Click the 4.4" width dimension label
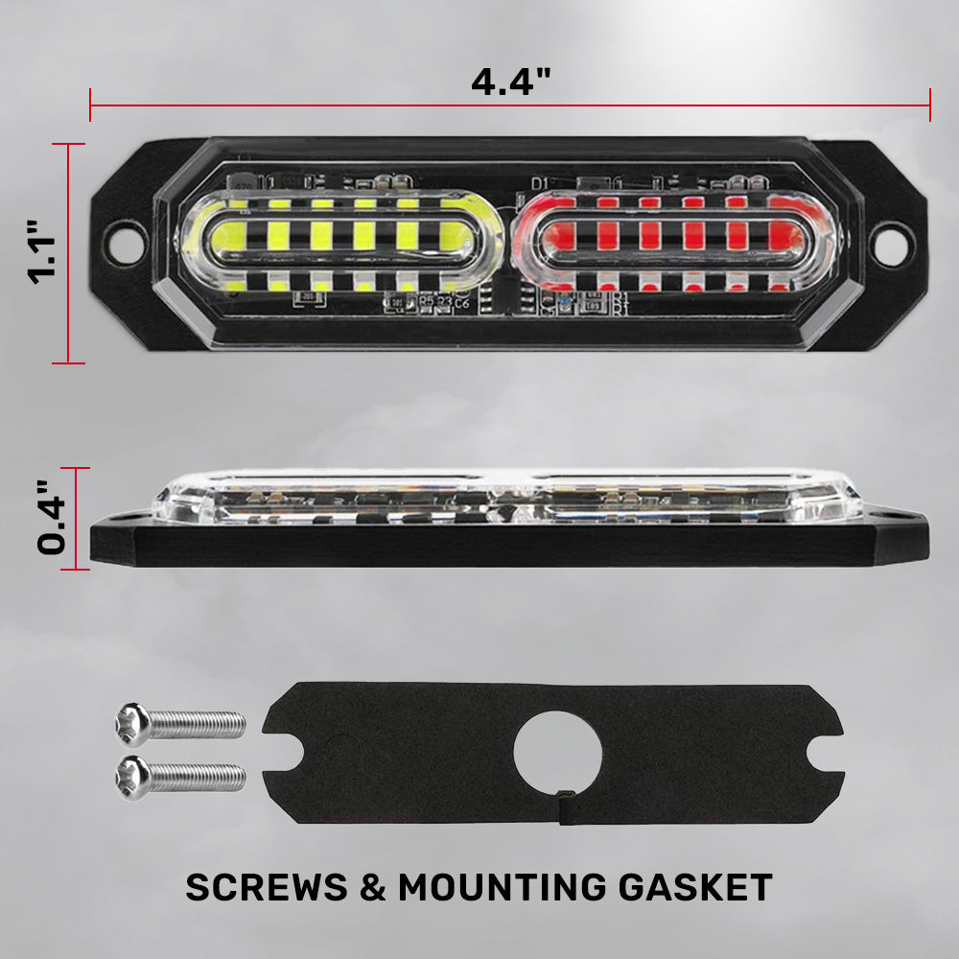(x=511, y=82)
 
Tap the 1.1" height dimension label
(x=42, y=252)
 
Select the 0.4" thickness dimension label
(x=52, y=518)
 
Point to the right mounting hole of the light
(x=889, y=243)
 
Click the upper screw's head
(x=132, y=725)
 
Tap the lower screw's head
(x=132, y=778)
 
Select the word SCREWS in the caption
(x=267, y=887)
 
